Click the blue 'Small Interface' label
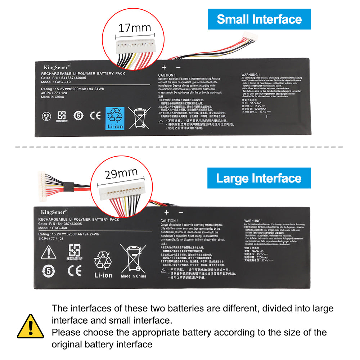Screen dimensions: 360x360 pos(259,19)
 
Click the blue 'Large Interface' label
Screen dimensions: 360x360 pos(259,178)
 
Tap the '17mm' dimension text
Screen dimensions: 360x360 pos(135,28)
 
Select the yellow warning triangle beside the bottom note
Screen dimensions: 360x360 pos(31,326)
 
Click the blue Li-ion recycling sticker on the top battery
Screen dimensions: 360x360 pos(115,118)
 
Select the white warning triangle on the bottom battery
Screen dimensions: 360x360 pos(48,253)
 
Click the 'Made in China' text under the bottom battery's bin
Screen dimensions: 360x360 pos(134,276)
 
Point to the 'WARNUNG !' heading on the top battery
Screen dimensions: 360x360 pos(251,75)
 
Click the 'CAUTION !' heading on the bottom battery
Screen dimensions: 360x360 pos(169,221)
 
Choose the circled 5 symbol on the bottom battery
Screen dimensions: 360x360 pos(48,271)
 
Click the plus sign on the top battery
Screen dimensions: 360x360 pos(164,67)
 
